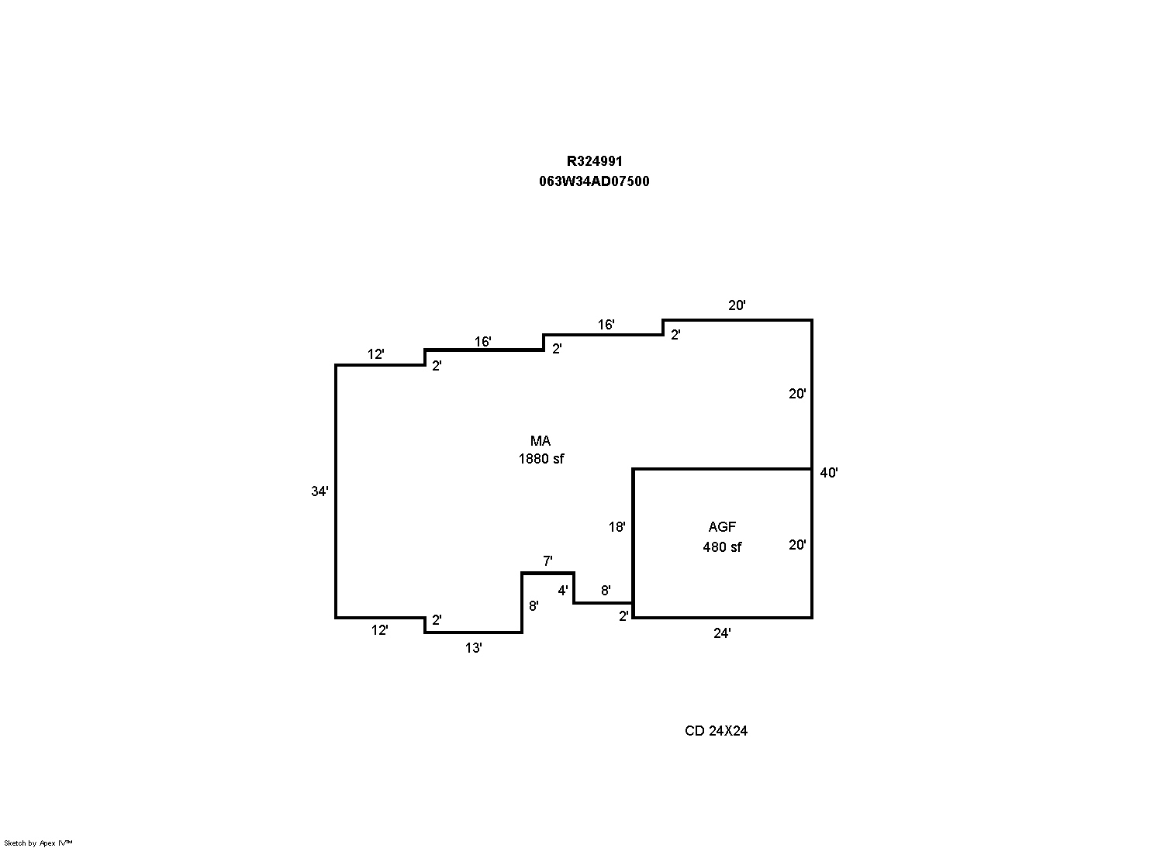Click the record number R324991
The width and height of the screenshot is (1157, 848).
coord(595,161)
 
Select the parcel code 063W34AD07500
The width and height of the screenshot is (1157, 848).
coord(594,181)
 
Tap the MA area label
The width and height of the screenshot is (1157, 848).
coord(541,440)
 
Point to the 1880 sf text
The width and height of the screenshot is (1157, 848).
coord(541,459)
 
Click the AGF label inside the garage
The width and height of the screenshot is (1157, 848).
coord(722,527)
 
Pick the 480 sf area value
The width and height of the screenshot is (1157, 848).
coord(722,547)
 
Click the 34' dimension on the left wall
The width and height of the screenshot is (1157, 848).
coord(319,491)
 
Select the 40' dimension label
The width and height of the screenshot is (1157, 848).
coord(828,473)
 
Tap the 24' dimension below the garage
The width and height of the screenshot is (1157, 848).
coord(722,633)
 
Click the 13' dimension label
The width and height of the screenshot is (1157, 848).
coord(473,647)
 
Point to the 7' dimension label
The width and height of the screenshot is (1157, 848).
coord(547,560)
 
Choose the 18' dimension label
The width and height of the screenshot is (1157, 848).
coord(616,527)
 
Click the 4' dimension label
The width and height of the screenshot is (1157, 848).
coord(562,591)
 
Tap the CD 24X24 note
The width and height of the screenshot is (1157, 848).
coord(716,731)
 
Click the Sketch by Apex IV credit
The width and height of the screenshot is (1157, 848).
coord(38,843)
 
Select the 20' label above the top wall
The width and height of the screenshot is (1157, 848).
coord(737,305)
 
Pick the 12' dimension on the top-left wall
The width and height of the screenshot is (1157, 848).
coord(375,354)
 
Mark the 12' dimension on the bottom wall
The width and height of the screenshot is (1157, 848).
coord(379,630)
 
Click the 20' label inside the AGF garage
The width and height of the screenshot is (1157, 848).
coord(797,545)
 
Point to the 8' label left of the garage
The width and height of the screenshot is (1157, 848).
coord(606,591)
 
